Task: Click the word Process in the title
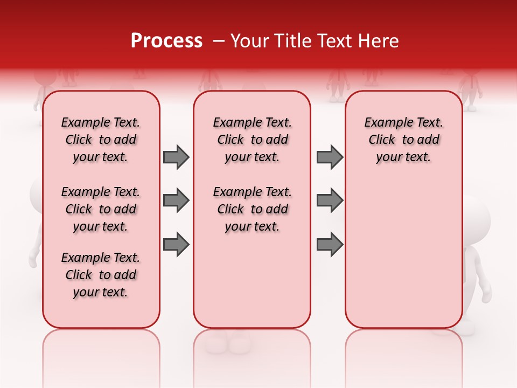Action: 166,41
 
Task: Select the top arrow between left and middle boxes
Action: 176,157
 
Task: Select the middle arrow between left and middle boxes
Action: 176,200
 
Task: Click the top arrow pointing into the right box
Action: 330,157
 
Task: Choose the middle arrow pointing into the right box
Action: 330,200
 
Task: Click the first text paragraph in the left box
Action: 101,140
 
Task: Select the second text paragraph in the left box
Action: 101,209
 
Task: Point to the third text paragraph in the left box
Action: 101,275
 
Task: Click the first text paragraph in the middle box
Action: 252,140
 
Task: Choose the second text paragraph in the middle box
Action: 252,209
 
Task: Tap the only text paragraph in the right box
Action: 403,140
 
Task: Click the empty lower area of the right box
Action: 403,253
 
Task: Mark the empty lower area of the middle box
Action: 252,280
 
